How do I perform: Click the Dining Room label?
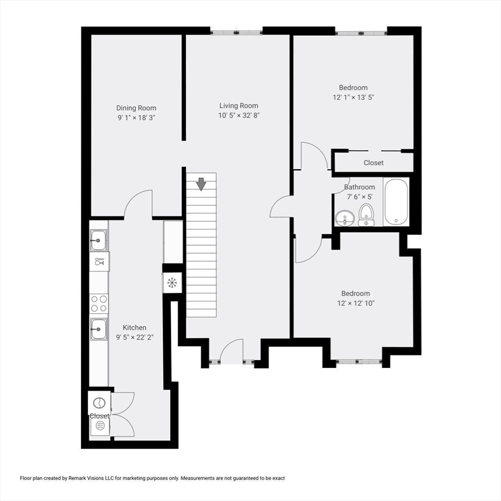coord(136,108)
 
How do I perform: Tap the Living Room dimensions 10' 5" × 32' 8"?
coord(238,115)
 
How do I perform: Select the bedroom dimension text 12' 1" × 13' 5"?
coord(353,97)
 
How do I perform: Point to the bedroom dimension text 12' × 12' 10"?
coord(355,303)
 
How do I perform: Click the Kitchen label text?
coord(134,327)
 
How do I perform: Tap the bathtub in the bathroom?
coord(396,202)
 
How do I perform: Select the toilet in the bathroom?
coord(367,213)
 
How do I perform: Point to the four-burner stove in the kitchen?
coord(99,303)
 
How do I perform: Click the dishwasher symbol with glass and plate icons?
coord(99,262)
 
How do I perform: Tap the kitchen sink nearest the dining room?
coord(99,241)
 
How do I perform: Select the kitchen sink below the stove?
coord(99,329)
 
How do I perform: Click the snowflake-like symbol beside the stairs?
coord(172,282)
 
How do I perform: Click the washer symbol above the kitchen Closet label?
coord(99,402)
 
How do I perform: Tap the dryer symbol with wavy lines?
coord(100,426)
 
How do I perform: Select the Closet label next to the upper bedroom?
coord(373,162)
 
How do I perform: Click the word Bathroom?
coord(359,187)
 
